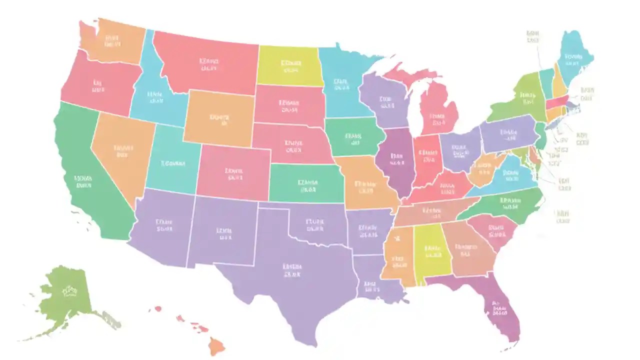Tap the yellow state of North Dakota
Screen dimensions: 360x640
tap(289, 65)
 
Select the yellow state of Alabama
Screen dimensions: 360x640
tap(430, 250)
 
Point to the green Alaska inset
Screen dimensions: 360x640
tap(67, 295)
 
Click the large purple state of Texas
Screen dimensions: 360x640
tap(295, 280)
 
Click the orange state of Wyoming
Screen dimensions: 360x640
tap(217, 117)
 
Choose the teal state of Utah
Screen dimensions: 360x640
tap(172, 160)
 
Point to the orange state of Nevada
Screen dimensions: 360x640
tap(120, 150)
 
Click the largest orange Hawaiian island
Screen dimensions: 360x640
tap(216, 345)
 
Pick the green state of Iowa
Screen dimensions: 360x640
tap(352, 137)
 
